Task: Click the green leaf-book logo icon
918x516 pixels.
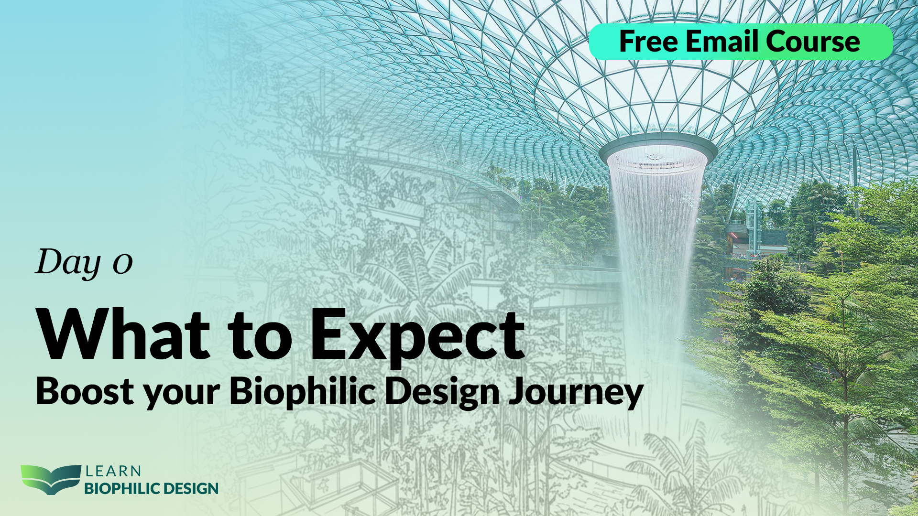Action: [50, 479]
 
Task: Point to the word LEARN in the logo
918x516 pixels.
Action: [113, 472]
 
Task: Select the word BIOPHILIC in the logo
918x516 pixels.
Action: [122, 489]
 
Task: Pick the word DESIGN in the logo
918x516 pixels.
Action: [190, 489]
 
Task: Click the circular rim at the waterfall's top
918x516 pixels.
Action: [658, 150]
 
